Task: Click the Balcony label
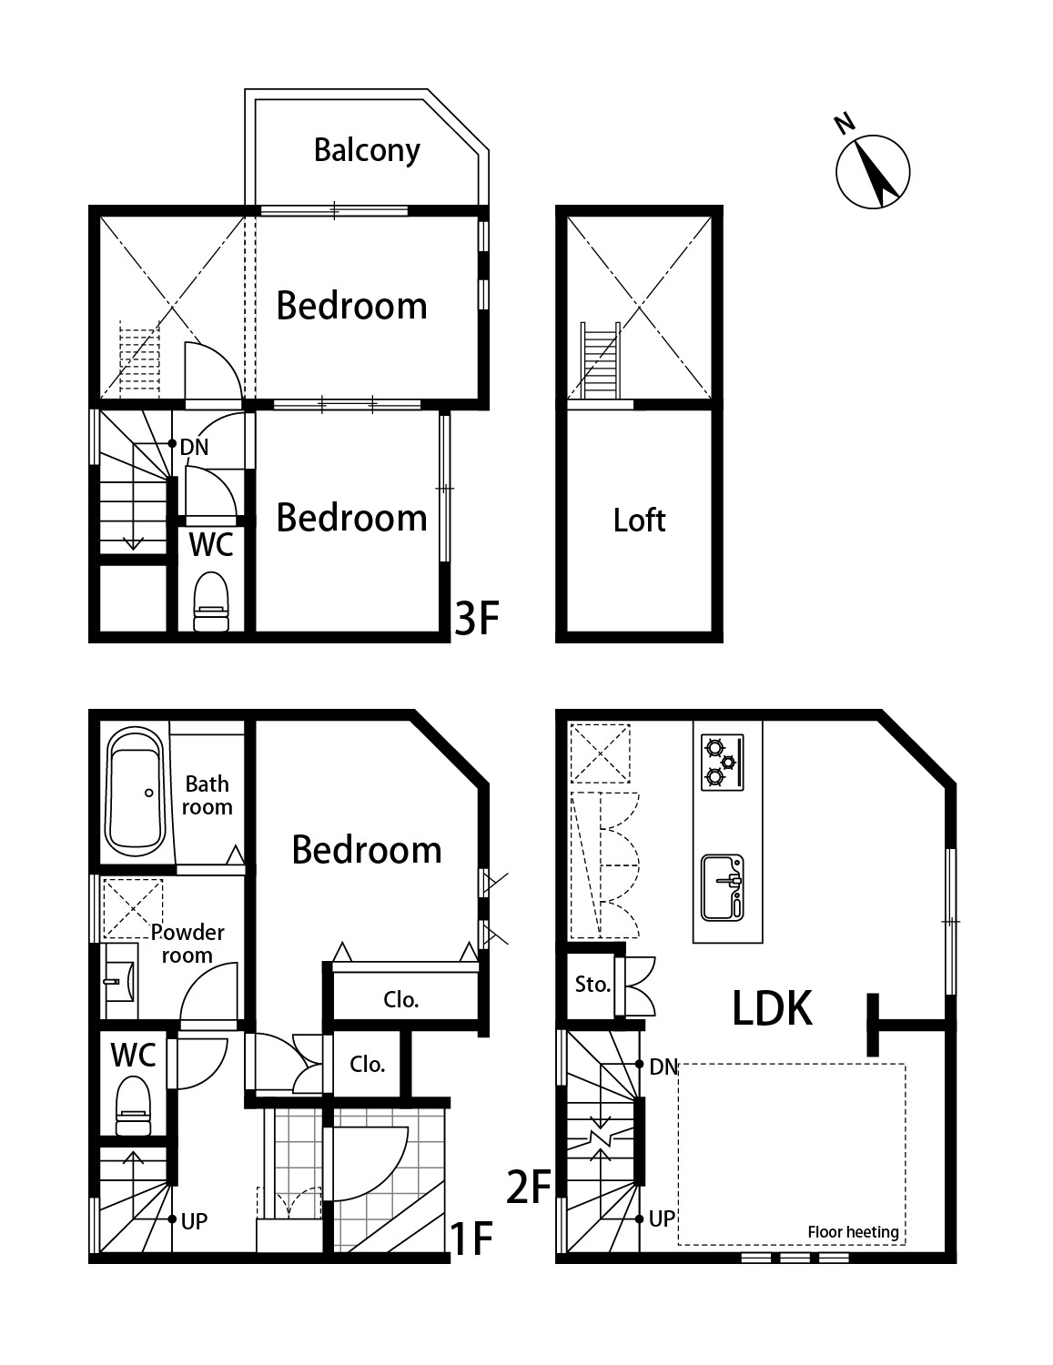[x=367, y=151]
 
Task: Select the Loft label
[x=639, y=521]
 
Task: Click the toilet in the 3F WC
[x=210, y=602]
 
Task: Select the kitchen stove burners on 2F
[x=722, y=762]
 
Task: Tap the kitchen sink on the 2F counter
[x=722, y=887]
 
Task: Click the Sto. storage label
[x=592, y=985]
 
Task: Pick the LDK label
[x=772, y=1008]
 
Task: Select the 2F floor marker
[x=528, y=1188]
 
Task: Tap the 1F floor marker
[x=471, y=1238]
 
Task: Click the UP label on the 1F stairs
[x=194, y=1220]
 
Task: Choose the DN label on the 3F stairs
[x=194, y=447]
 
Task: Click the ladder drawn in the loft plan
[x=601, y=360]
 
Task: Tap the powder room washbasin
[x=119, y=981]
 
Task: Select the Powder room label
[x=187, y=943]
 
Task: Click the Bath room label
[x=207, y=794]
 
